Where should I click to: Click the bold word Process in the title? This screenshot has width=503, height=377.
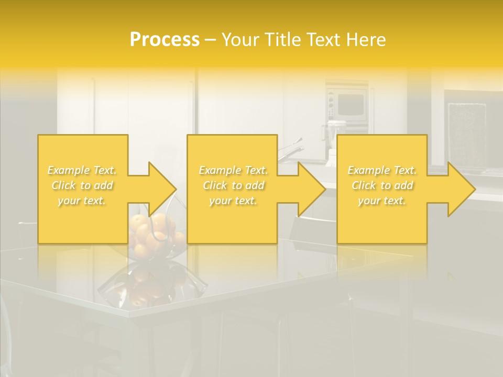tap(165, 40)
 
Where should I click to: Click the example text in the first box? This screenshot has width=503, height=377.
tap(82, 185)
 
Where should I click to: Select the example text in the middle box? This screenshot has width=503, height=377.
tap(233, 185)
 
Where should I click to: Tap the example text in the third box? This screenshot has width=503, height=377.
tap(382, 185)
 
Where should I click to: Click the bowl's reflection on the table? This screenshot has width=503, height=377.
tap(149, 285)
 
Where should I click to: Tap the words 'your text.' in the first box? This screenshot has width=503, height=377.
tap(82, 201)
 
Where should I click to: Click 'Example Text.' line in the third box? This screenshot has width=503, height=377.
tap(382, 170)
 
